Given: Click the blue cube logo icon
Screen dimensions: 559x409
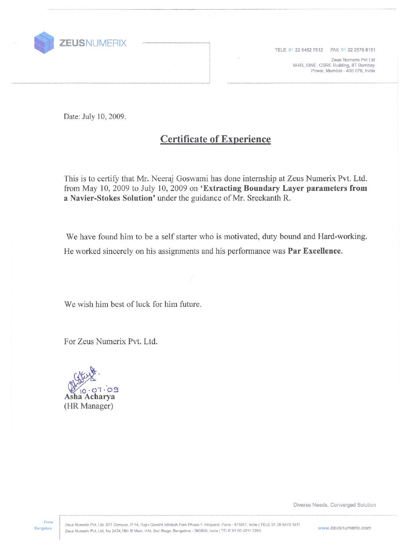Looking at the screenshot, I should click(x=44, y=43).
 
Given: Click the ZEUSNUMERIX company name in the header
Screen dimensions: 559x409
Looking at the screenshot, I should click(x=93, y=43).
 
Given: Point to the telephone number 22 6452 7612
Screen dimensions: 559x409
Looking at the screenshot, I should click(x=309, y=50).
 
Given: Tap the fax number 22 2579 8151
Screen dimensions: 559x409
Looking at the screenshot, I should click(x=361, y=50).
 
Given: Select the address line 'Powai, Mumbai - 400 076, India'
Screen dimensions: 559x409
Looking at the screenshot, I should click(x=343, y=71).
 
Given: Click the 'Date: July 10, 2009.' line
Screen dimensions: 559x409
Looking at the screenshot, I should click(x=95, y=117).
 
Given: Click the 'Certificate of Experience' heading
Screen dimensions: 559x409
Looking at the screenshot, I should click(x=215, y=139).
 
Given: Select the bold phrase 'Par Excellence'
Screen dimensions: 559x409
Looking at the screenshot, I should click(x=315, y=251).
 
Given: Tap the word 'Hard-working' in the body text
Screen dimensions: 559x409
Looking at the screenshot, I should click(x=342, y=236).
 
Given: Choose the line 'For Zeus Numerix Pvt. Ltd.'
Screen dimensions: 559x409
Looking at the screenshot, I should click(x=111, y=341).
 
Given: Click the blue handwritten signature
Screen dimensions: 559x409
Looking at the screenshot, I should click(x=82, y=378).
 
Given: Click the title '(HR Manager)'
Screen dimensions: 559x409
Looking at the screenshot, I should click(x=89, y=406).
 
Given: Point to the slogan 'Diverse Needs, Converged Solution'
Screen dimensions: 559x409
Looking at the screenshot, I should click(x=334, y=505).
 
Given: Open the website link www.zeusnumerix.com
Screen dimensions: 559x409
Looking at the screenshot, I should click(x=344, y=528).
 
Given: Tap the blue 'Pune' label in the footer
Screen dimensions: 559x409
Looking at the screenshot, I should click(x=48, y=522).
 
